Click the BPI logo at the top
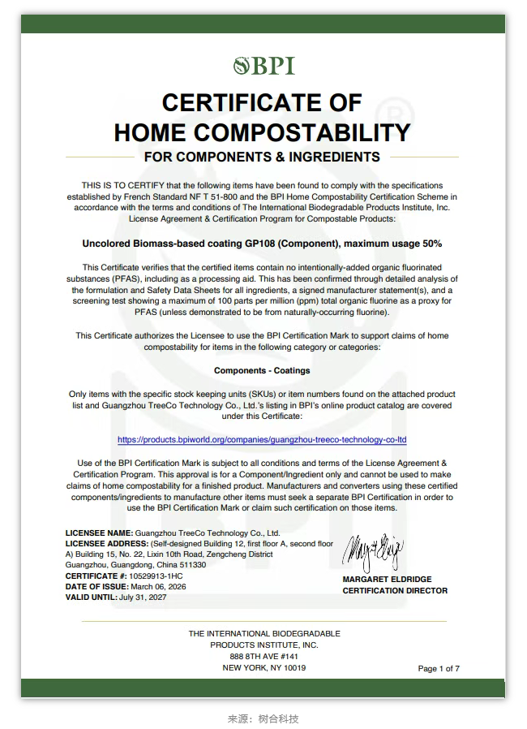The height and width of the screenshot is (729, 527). point(263,65)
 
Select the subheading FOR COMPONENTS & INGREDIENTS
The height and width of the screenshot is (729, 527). point(262,157)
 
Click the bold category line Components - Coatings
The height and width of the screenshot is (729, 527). point(262,370)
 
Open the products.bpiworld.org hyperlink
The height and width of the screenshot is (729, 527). point(262,439)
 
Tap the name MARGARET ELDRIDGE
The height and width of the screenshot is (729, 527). point(387,580)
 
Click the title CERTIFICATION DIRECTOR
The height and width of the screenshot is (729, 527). point(395,590)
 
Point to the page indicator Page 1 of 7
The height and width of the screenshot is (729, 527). point(439,669)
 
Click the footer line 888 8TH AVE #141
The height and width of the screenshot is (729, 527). point(264,656)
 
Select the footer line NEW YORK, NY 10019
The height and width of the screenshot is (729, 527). point(264,667)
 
